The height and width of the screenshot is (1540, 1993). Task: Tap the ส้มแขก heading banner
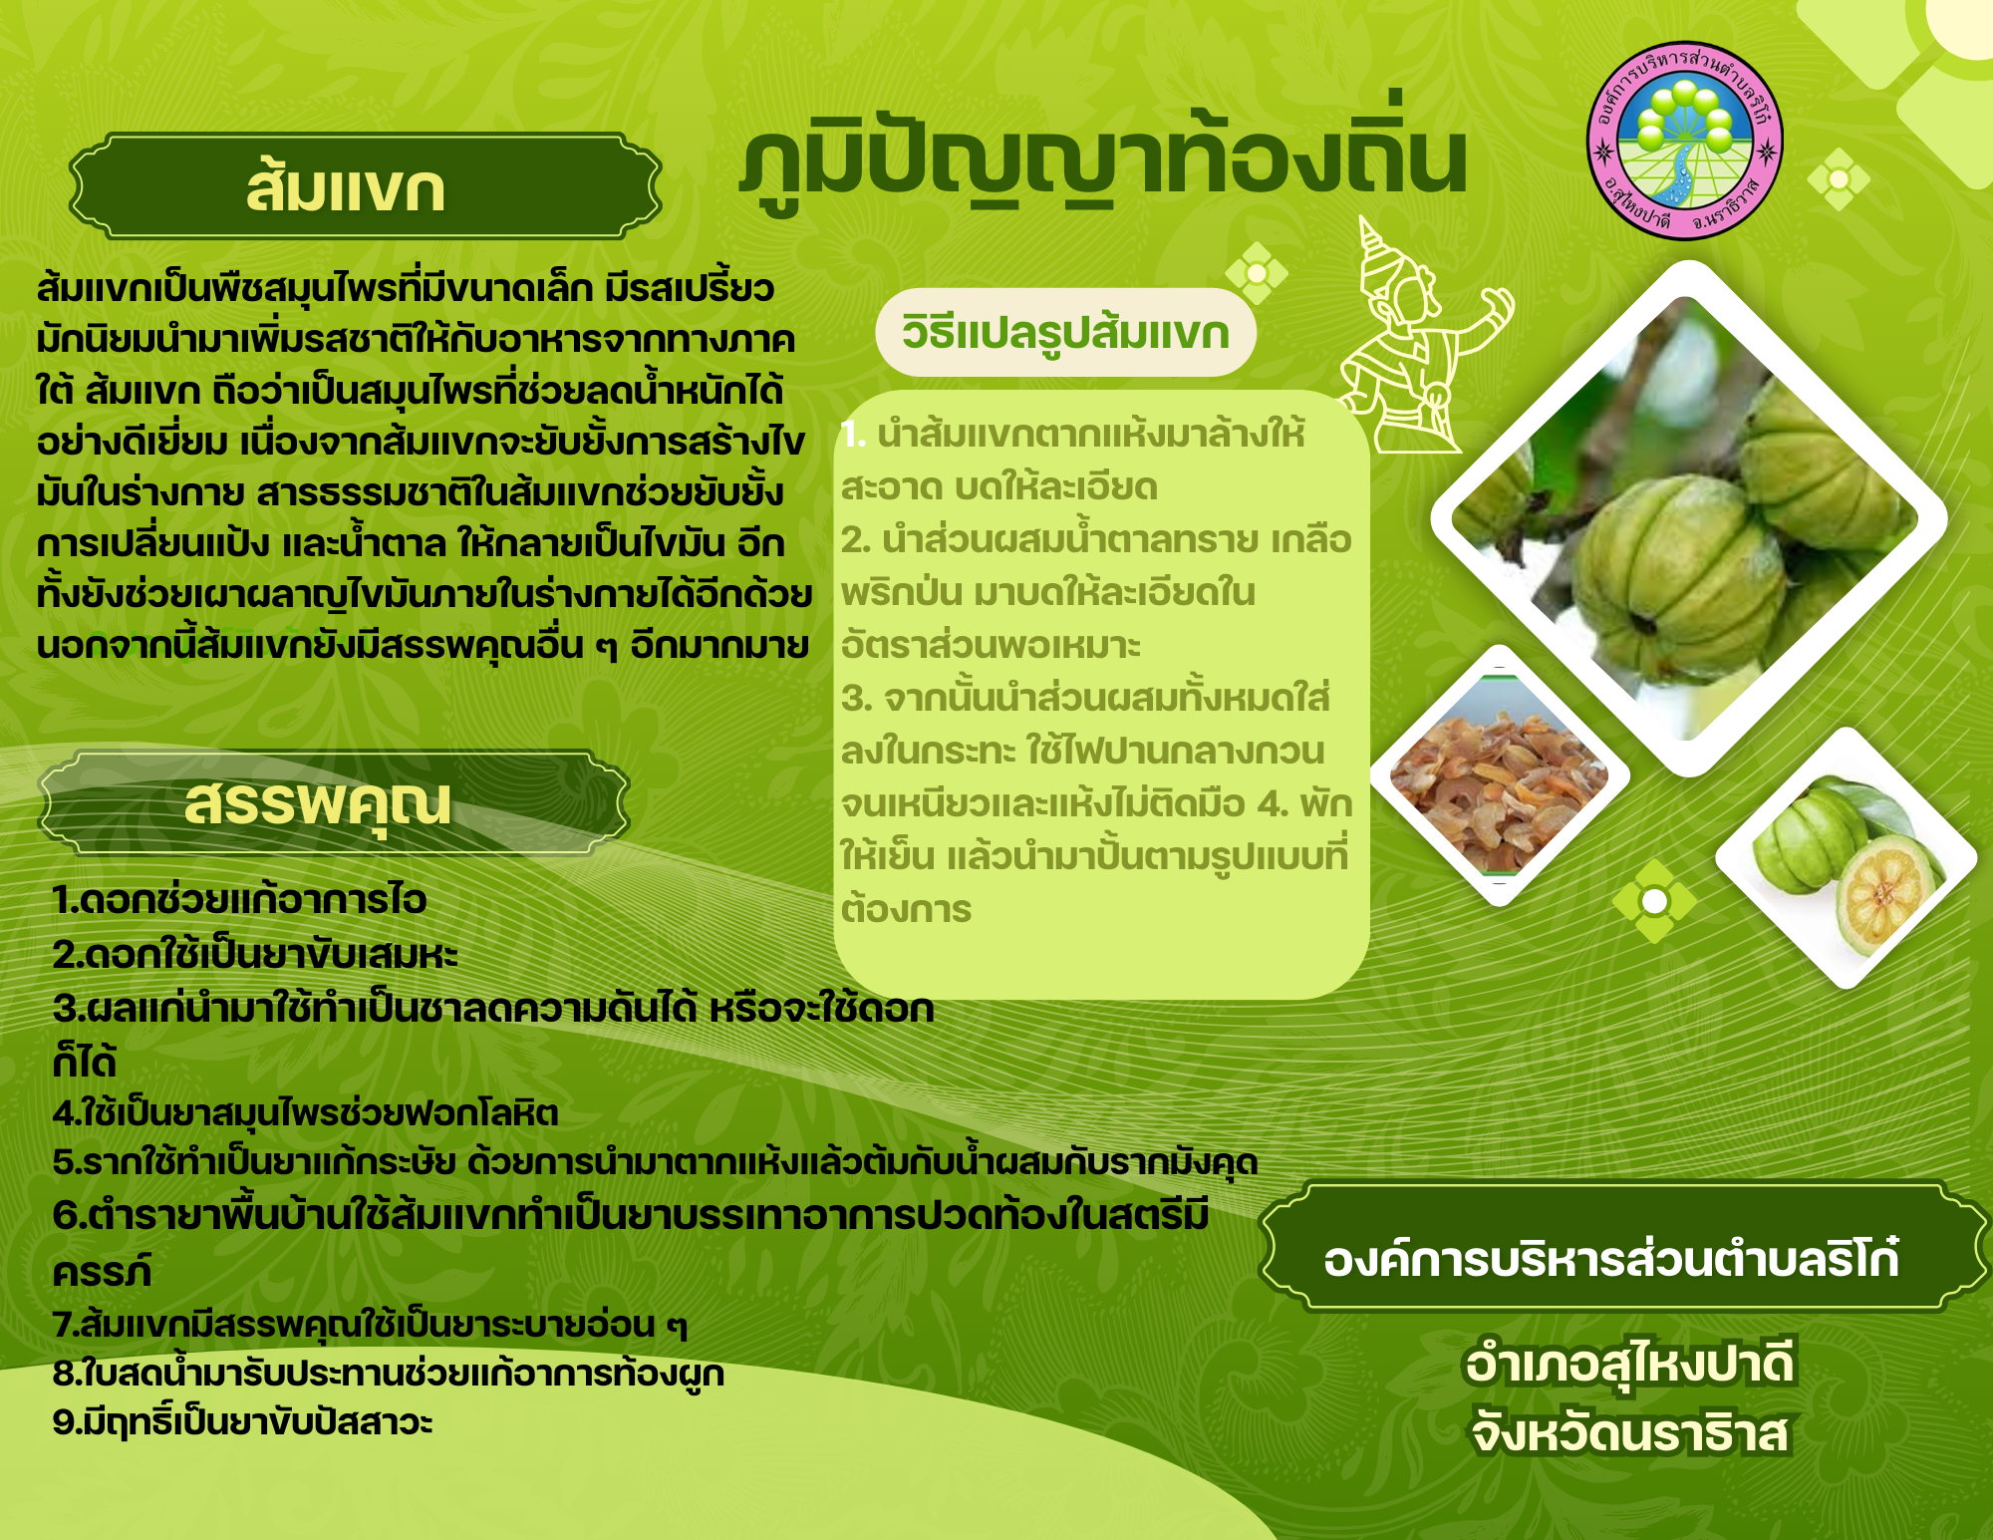[x=365, y=186]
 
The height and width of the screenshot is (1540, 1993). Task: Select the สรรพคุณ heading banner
[x=334, y=803]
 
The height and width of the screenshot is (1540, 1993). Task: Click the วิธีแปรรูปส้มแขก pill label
[x=1065, y=332]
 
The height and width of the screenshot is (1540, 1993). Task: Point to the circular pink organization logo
[x=1684, y=140]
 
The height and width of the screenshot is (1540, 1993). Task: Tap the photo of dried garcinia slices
[x=1500, y=775]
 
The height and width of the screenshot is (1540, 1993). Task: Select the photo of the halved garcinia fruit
[x=1846, y=857]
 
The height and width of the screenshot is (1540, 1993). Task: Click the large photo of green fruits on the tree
[x=1689, y=518]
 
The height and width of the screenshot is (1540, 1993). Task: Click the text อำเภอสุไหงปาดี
[x=1629, y=1364]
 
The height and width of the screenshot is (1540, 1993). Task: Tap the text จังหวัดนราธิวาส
[x=1630, y=1432]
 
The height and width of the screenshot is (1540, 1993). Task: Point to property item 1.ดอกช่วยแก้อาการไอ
[x=239, y=900]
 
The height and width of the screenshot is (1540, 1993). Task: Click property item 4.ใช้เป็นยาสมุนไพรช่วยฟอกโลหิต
[x=305, y=1112]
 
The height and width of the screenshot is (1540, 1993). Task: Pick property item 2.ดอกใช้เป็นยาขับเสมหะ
[x=255, y=955]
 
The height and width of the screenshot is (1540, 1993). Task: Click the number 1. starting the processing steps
[x=853, y=434]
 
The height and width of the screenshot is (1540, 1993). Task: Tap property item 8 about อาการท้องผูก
[x=388, y=1374]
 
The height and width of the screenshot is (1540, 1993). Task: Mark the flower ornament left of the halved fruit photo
[x=1654, y=901]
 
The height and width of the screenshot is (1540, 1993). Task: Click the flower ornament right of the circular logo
[x=1839, y=179]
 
